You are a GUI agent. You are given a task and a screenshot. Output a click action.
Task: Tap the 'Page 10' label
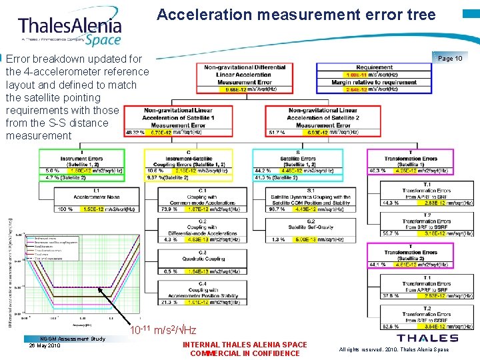[x=451, y=59]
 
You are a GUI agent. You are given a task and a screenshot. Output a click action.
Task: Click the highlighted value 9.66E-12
[x=237, y=89]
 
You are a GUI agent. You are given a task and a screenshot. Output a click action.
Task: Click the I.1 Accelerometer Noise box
[x=95, y=201]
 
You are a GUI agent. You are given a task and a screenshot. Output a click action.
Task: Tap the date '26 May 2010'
[x=45, y=345]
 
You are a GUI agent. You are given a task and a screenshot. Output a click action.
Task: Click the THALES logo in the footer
[x=427, y=338]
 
